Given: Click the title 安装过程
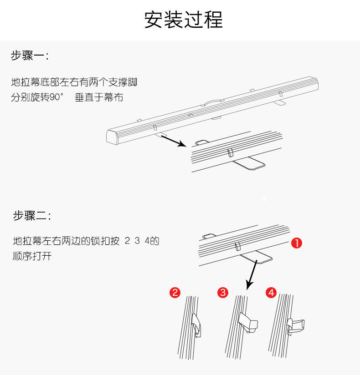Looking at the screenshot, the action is tap(184, 20).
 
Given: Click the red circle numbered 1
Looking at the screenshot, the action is tap(297, 243).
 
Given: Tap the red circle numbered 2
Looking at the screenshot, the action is tap(175, 293).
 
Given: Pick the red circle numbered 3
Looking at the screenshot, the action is tap(223, 292).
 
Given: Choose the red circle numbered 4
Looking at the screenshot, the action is tap(271, 292).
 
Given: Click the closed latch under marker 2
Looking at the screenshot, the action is tap(196, 325).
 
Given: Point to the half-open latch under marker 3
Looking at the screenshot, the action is tap(249, 323).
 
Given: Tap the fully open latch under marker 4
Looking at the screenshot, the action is tap(296, 326).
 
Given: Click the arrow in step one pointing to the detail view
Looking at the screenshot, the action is tap(174, 141).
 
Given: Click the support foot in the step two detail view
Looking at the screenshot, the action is tap(256, 257).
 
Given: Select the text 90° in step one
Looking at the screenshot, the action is tap(57, 97).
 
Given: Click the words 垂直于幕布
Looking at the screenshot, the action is tap(99, 97).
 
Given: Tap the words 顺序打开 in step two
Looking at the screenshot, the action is tap(32, 256).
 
